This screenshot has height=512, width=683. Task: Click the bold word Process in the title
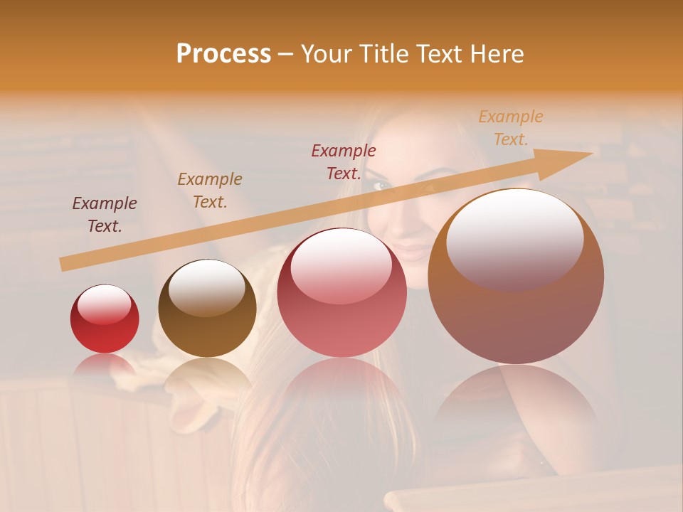pos(223,54)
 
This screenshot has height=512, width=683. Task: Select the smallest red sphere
pos(105,319)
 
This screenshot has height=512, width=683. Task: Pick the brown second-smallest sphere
pos(207,309)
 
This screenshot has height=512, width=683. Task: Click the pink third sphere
pos(341,293)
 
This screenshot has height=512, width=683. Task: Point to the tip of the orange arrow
pos(591,153)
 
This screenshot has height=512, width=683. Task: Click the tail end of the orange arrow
pos(63,264)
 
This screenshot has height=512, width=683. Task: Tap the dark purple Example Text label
pos(105,215)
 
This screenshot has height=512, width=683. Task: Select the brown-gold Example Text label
pos(210,191)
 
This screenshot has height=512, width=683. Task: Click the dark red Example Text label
pos(344,162)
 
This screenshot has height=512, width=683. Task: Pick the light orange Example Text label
pos(511,128)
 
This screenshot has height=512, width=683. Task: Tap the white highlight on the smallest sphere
pos(104,304)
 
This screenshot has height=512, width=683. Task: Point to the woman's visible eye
pos(383,185)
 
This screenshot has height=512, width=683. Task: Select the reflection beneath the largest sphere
pos(516,405)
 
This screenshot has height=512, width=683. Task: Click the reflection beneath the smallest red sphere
pos(104,366)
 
